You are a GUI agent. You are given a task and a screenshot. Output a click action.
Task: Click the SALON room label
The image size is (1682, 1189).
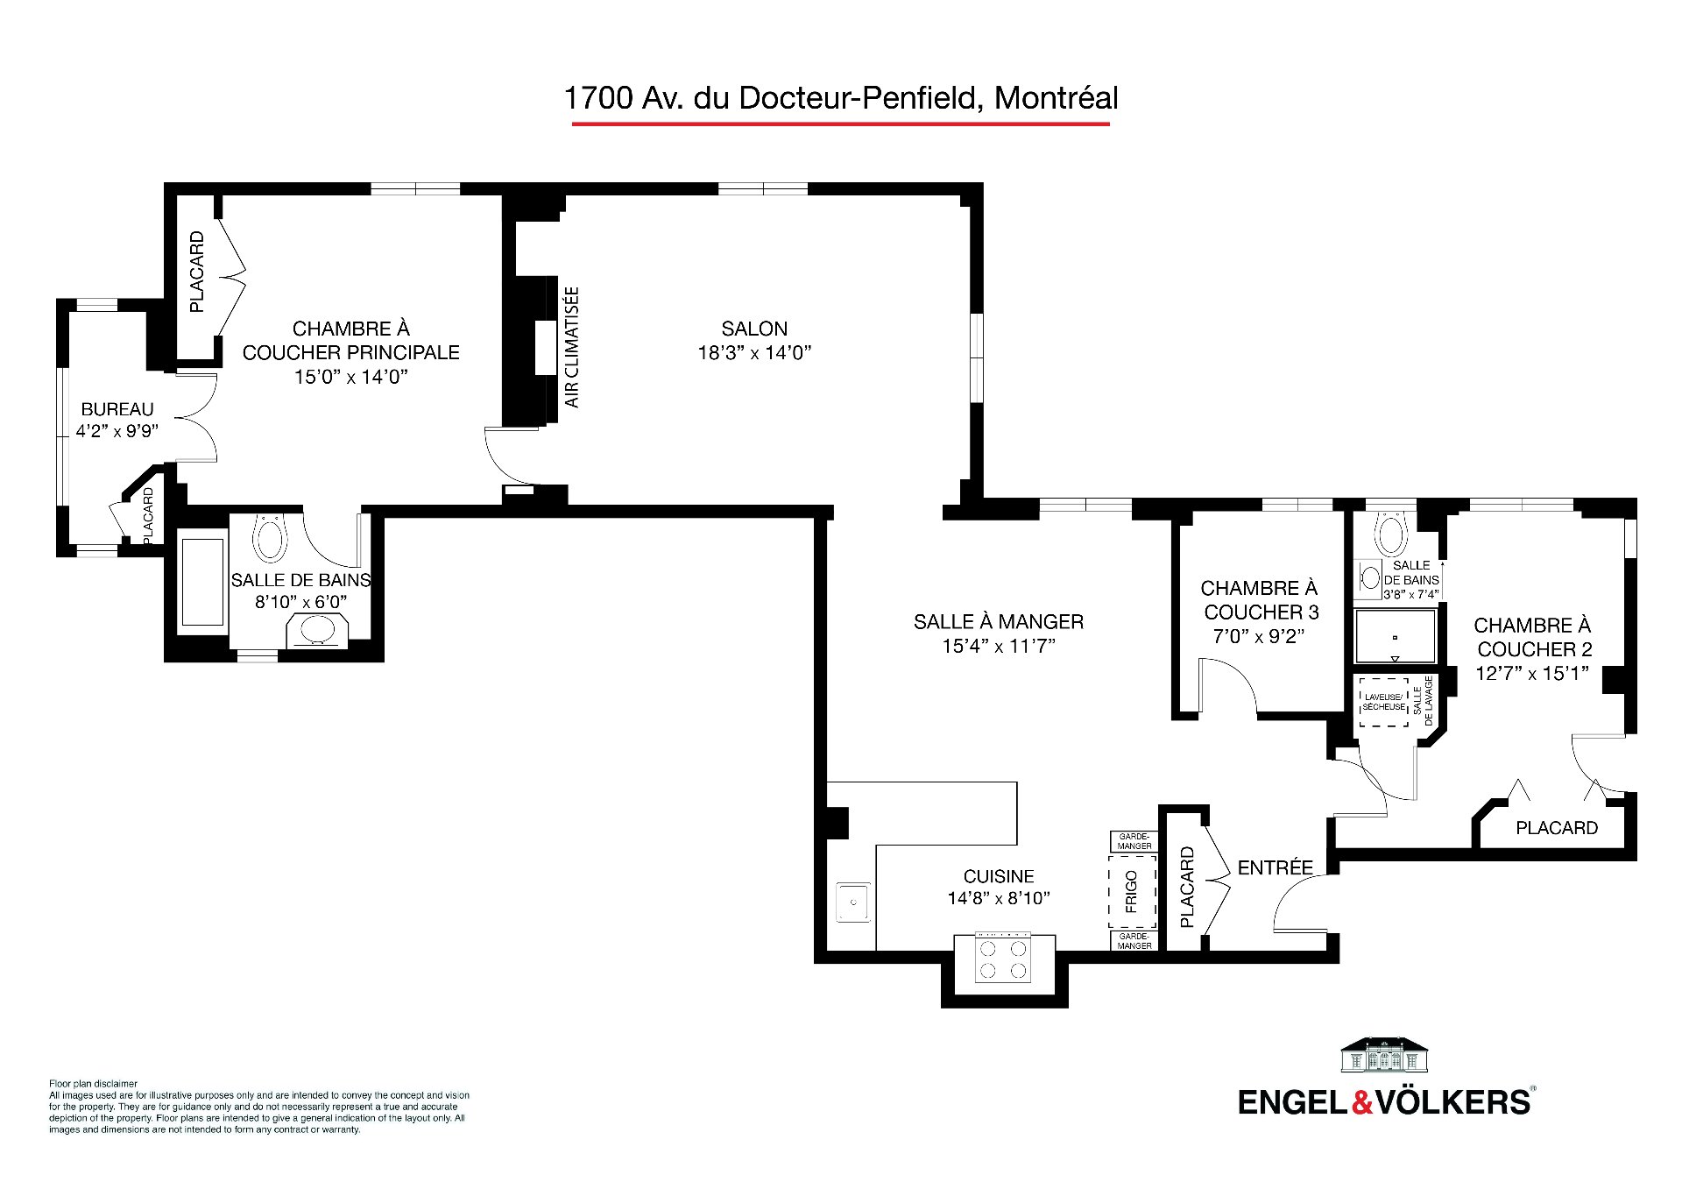click(x=754, y=329)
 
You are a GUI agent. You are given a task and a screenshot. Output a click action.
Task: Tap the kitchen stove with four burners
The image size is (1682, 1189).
click(x=1004, y=959)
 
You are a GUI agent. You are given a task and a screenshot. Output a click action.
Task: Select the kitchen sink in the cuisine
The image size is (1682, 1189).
click(x=852, y=902)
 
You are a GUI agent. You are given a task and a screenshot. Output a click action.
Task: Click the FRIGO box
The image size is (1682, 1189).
click(x=1132, y=891)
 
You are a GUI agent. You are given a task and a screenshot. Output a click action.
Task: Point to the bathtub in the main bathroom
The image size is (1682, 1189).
click(x=202, y=581)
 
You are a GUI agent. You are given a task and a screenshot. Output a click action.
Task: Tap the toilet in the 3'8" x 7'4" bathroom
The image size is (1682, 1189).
click(x=1389, y=530)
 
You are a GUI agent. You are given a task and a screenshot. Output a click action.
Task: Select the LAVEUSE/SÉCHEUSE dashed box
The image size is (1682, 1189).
click(x=1383, y=703)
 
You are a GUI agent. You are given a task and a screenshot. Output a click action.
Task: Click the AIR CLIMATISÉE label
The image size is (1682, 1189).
click(x=572, y=347)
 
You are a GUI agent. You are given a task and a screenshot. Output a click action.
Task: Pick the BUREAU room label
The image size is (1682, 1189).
click(x=117, y=409)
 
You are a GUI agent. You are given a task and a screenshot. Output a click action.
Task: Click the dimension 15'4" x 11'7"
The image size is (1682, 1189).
click(x=999, y=646)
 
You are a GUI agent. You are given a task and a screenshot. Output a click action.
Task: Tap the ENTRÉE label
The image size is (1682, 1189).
click(x=1275, y=867)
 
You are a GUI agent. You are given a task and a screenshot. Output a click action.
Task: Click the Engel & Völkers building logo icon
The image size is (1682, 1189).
click(x=1386, y=1056)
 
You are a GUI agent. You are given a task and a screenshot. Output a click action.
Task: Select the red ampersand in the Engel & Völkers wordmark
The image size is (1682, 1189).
click(x=1362, y=1101)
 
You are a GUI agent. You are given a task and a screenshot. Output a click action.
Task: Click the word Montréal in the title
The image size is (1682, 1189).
click(x=1057, y=97)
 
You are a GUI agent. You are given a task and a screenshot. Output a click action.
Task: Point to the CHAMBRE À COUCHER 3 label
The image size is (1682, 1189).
click(x=1260, y=599)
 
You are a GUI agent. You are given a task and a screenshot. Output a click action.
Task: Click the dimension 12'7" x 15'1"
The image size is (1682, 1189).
click(x=1532, y=673)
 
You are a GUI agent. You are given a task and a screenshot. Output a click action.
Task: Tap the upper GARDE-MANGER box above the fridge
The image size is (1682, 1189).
click(x=1134, y=841)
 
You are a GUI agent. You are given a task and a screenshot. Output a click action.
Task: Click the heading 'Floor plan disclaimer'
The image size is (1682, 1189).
click(x=93, y=1084)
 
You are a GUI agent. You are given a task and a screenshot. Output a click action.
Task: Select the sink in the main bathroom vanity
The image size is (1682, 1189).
click(x=317, y=631)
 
